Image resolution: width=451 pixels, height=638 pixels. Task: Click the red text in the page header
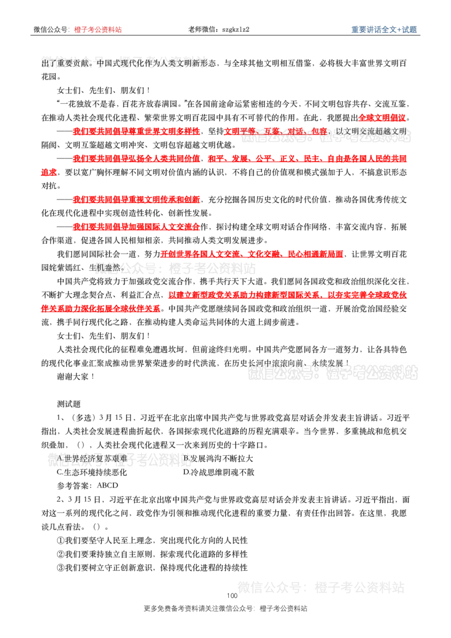coord(98,29)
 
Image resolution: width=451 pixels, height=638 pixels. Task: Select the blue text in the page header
coord(384,29)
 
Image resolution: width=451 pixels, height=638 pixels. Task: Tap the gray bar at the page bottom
coord(225,609)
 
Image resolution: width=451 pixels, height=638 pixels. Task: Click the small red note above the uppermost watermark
coord(382,117)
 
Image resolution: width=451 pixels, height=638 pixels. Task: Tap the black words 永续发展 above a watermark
coord(329,364)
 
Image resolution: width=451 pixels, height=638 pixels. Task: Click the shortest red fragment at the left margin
coord(49,174)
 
